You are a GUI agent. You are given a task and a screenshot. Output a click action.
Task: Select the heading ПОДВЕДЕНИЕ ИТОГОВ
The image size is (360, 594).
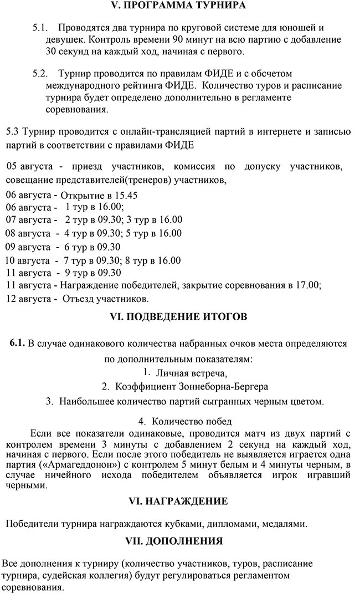178,317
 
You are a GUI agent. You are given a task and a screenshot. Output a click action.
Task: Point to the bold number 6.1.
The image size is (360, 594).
17,343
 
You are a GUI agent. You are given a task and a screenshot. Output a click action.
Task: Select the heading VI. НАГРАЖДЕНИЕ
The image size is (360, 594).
178,501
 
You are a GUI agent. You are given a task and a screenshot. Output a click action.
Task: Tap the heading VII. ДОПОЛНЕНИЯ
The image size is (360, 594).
178,540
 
